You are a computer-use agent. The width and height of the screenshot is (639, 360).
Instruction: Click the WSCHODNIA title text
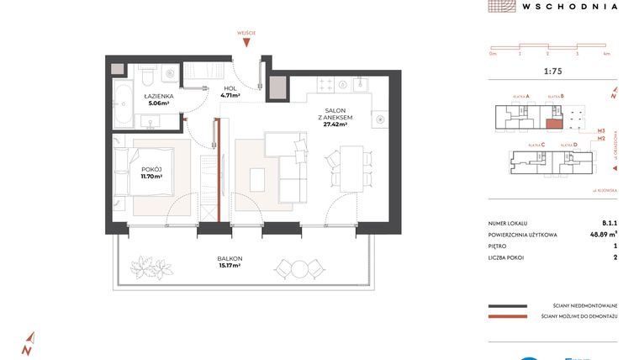click(569, 6)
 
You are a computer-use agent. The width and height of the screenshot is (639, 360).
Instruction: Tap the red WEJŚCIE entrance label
click(246, 32)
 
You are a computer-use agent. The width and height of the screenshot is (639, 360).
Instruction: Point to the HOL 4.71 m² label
click(230, 92)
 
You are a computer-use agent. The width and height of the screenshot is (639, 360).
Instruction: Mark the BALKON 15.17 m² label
click(229, 262)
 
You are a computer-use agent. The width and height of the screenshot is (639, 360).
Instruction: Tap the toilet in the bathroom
click(147, 77)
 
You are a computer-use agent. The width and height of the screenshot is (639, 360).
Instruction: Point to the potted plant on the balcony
click(154, 268)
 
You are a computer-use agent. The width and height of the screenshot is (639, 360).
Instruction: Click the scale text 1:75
click(552, 71)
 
